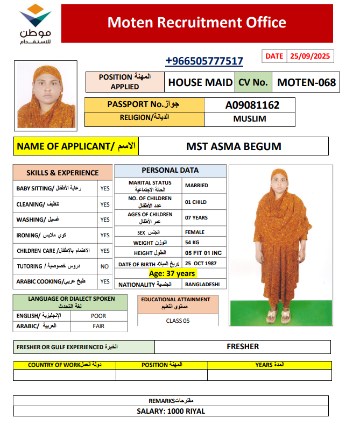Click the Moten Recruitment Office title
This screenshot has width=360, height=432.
click(x=196, y=23)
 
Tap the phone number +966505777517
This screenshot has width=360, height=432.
click(x=204, y=61)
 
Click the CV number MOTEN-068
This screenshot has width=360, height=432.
click(x=306, y=82)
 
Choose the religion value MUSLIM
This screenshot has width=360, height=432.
click(x=250, y=119)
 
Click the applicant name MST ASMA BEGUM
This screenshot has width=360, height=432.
click(x=234, y=146)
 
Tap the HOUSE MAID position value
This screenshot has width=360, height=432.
click(x=200, y=82)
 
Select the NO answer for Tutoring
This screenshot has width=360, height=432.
click(x=104, y=266)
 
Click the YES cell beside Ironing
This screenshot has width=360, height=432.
click(x=104, y=235)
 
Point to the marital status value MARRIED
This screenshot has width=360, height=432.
click(x=196, y=186)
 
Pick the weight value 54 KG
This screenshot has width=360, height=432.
click(x=193, y=243)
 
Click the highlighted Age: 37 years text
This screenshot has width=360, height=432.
click(x=172, y=274)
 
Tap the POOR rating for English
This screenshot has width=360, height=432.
click(x=98, y=316)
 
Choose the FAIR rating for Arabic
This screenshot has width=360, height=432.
click(x=98, y=326)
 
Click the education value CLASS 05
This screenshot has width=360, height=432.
click(x=178, y=321)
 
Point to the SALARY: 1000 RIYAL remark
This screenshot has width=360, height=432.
click(x=171, y=412)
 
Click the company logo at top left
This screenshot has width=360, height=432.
click(x=35, y=24)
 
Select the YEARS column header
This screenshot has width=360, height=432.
click(x=269, y=365)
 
